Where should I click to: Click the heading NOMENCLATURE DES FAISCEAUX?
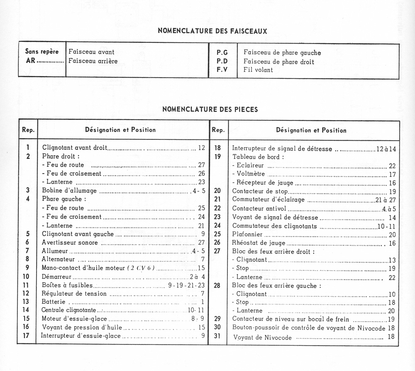[212, 31]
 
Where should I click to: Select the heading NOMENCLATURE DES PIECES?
[210, 110]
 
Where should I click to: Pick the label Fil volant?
[258, 70]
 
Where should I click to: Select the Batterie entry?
[54, 302]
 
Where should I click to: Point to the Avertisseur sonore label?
[70, 242]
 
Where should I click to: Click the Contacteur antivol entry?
[259, 208]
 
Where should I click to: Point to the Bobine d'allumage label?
[69, 190]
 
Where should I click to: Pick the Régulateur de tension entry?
[74, 293]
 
